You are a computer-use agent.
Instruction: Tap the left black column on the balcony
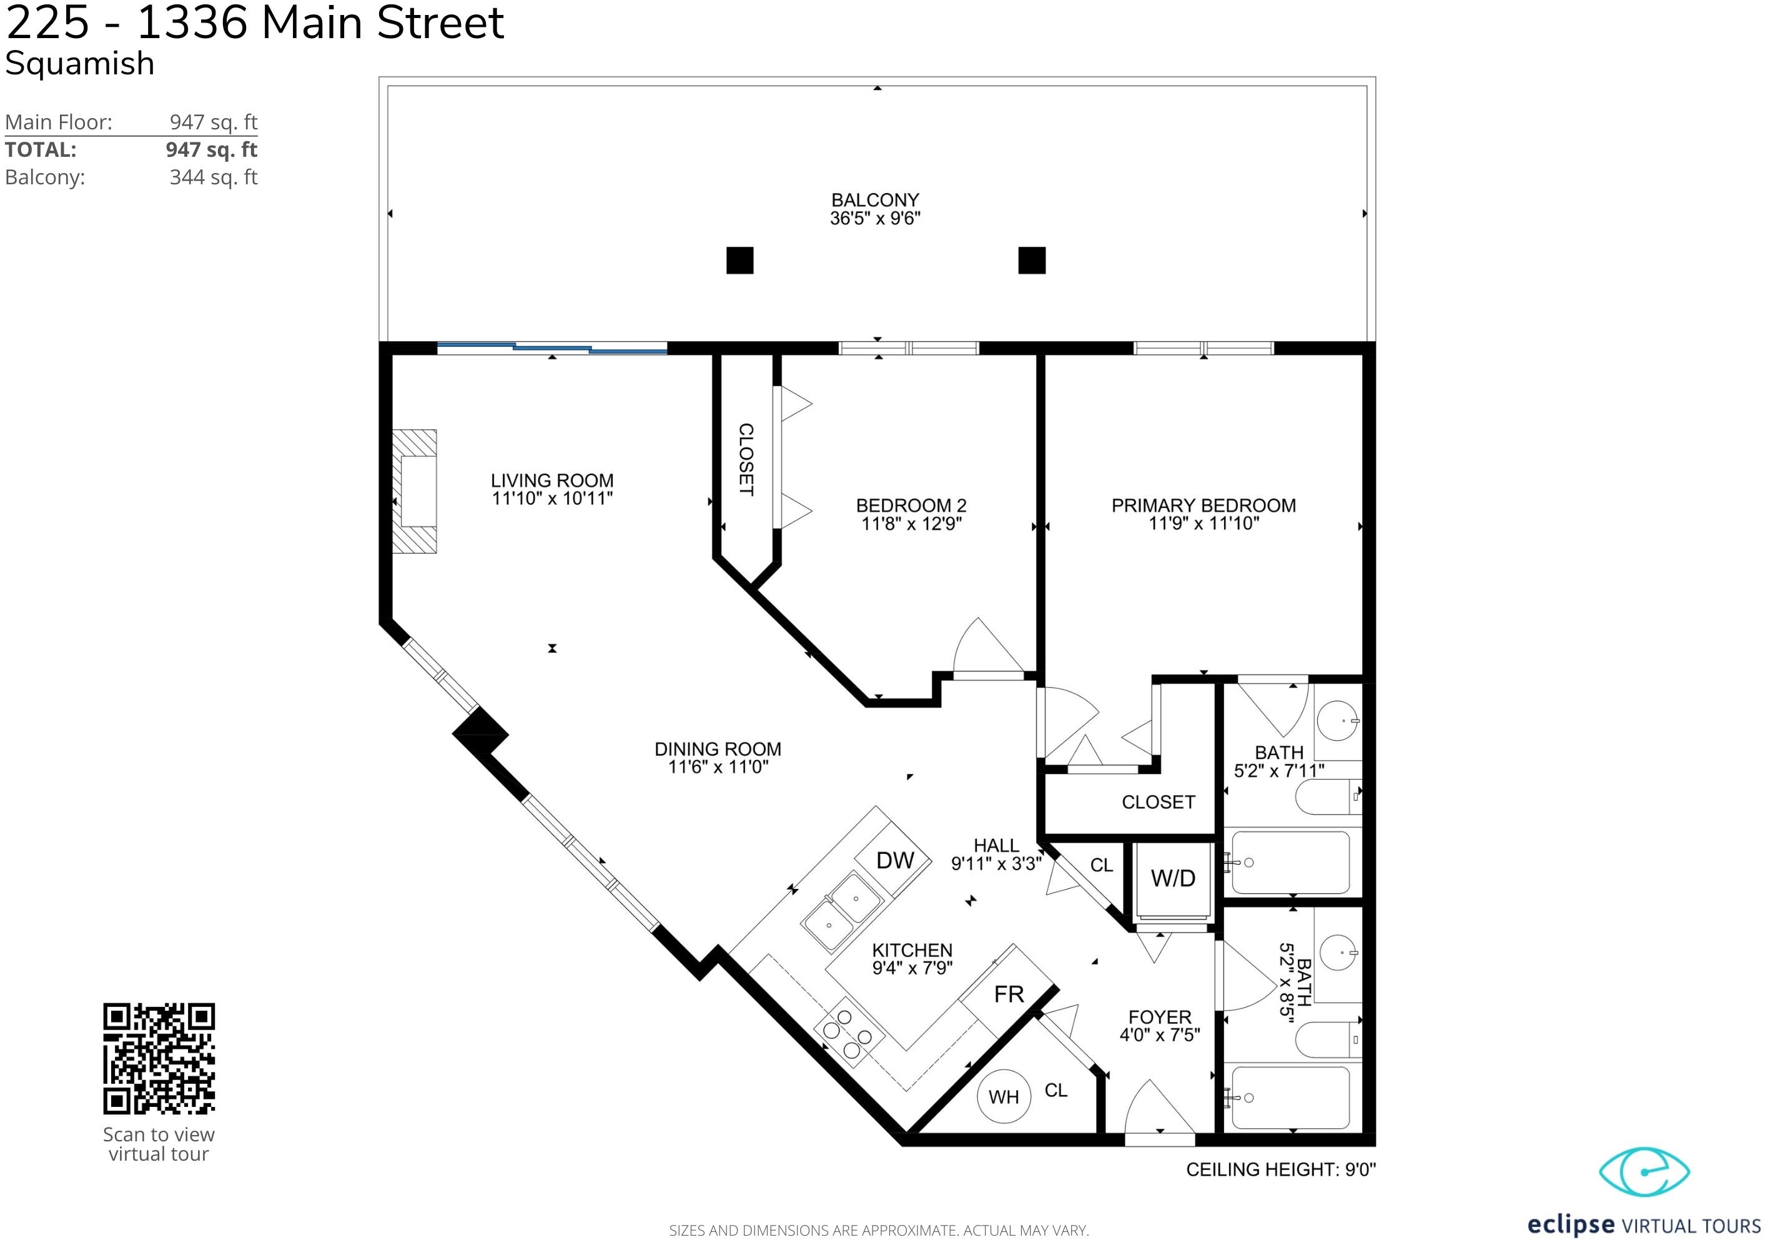[739, 260]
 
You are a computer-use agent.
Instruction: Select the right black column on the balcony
[1032, 260]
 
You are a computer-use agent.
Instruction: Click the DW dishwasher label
[896, 860]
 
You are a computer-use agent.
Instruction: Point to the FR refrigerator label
[1009, 994]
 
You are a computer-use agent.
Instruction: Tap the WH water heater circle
[1004, 1096]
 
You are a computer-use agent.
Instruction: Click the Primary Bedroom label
[1204, 505]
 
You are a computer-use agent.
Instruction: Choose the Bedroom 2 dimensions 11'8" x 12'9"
[912, 523]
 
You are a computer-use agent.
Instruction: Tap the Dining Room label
[718, 749]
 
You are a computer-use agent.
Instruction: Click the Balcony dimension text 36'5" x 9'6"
[876, 218]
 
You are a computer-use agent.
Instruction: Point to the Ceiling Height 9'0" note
[1281, 1169]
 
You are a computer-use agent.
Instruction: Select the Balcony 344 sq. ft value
[214, 177]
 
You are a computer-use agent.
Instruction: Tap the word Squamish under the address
[80, 63]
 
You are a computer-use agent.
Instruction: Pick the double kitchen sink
[842, 913]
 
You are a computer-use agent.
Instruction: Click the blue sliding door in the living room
[552, 348]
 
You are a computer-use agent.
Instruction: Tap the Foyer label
[1159, 1017]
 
